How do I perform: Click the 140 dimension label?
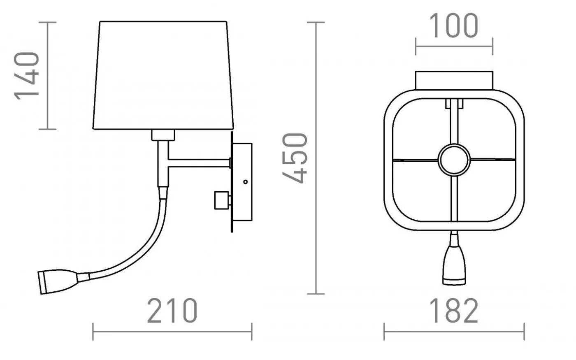[26, 76]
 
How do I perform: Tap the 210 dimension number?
[172, 311]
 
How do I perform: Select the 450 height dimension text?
[295, 158]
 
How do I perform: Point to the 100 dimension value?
[454, 26]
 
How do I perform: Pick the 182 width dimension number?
[454, 311]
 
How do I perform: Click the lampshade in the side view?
[163, 75]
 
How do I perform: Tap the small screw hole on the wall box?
[245, 182]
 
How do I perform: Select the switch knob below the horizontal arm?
[222, 200]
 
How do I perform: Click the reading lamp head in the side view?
[58, 281]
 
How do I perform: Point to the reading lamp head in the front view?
[454, 265]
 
